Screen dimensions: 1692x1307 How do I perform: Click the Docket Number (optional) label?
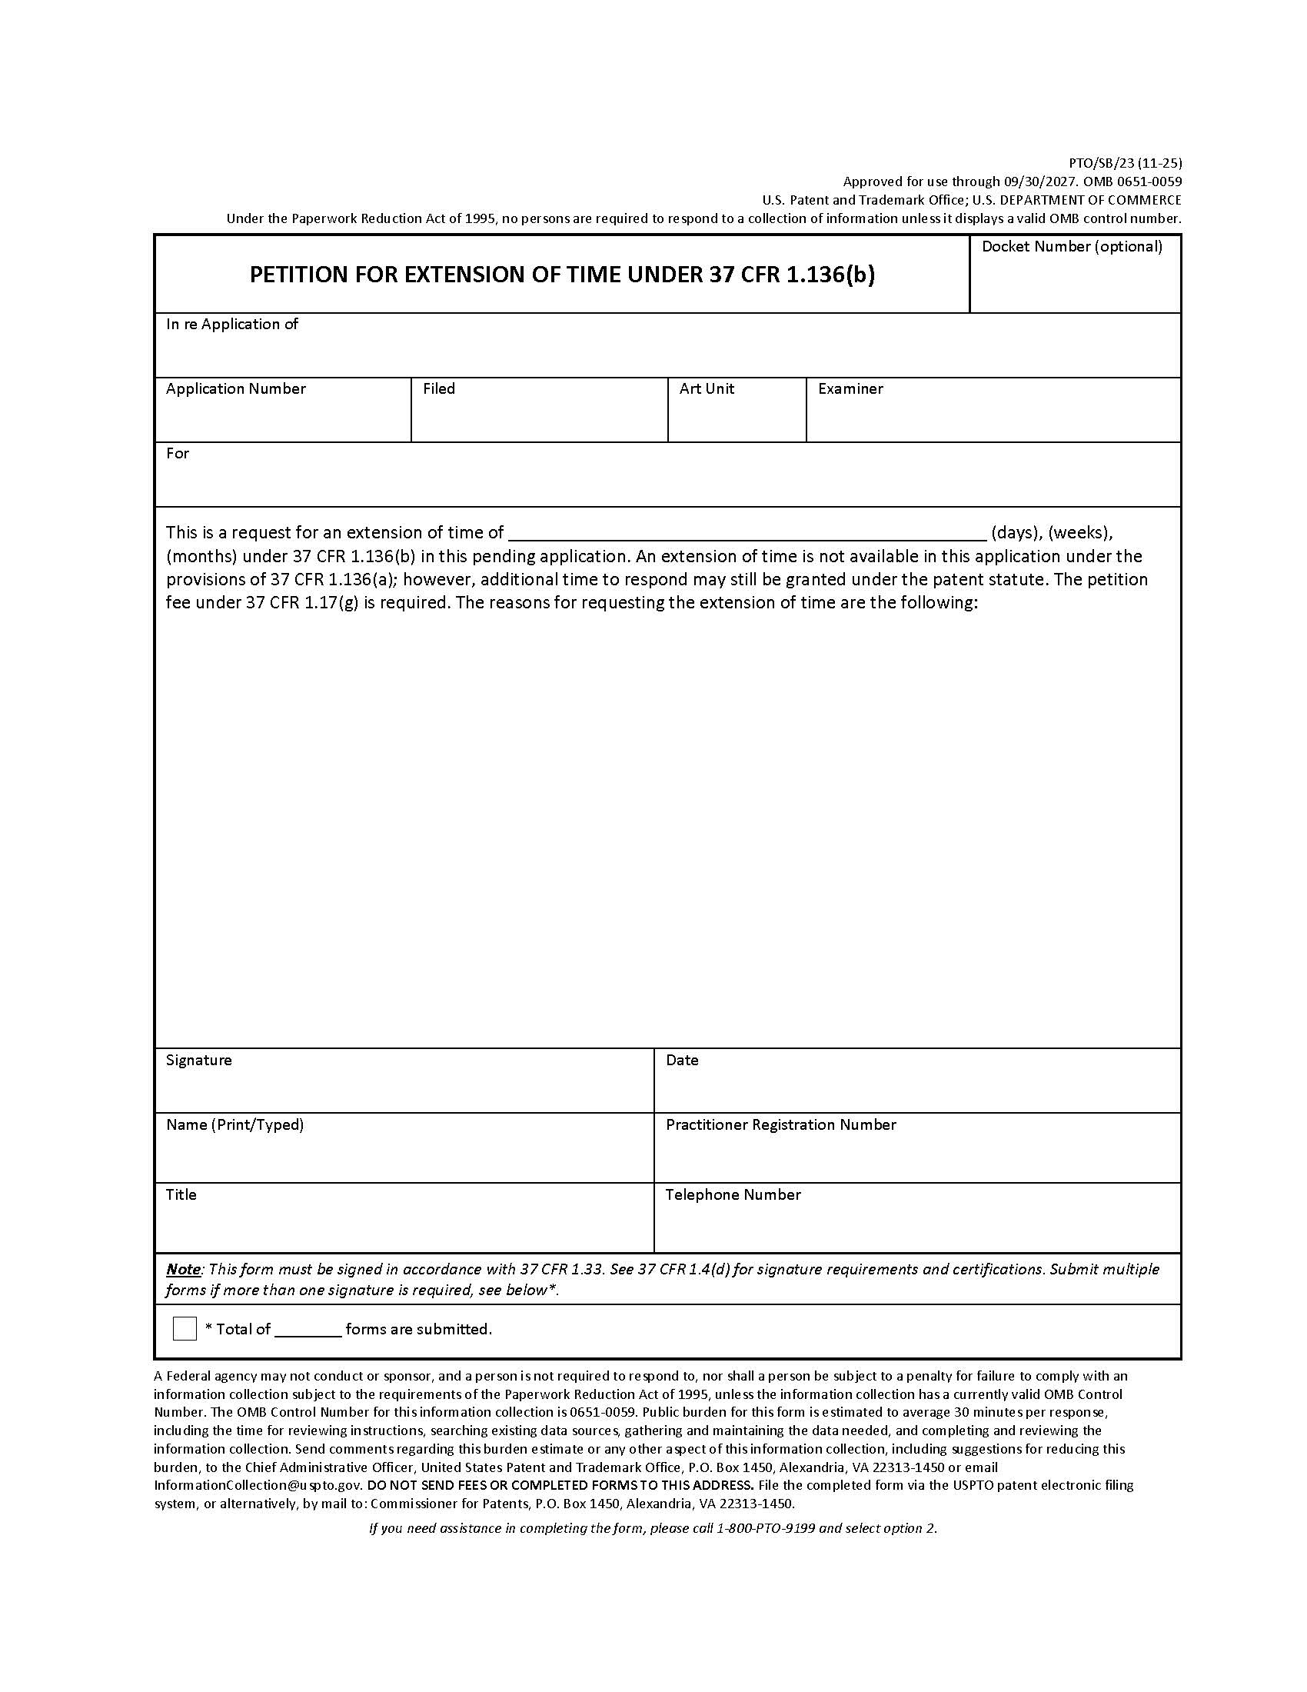coord(1072,246)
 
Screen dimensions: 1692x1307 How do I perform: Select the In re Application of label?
coord(231,324)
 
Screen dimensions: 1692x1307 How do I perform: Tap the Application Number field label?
coord(235,388)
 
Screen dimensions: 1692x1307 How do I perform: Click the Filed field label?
coord(438,388)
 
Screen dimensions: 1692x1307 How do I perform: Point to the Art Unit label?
coord(706,388)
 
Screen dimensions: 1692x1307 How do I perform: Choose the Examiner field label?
coord(850,388)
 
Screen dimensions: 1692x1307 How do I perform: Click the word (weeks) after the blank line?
coord(1080,532)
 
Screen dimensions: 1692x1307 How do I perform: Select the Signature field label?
coord(198,1060)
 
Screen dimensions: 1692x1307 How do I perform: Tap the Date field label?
coord(681,1060)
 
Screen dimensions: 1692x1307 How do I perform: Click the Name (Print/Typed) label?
coord(234,1124)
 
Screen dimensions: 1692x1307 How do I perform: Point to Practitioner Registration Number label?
coord(780,1124)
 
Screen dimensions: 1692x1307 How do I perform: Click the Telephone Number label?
coord(733,1194)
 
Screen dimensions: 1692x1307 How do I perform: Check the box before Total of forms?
coord(185,1329)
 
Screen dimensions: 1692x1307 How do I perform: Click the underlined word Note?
coord(183,1269)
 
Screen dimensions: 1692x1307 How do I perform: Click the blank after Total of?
coord(308,1330)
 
